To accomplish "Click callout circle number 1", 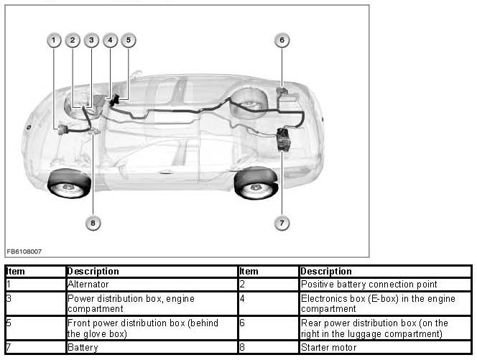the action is [x=54, y=40].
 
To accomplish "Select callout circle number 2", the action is [x=73, y=40].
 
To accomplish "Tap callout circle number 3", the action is [x=91, y=40].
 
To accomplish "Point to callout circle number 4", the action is [x=110, y=40].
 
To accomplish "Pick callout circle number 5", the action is [x=129, y=40].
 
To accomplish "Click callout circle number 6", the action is [x=282, y=40].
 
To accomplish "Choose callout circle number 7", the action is [x=282, y=223].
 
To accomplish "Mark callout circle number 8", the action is [x=93, y=223].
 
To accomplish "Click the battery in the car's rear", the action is [x=284, y=138].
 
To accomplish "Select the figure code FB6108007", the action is [x=24, y=251].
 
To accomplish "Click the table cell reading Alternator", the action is [x=88, y=285].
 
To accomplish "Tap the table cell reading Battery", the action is [x=83, y=347].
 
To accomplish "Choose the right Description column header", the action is [x=326, y=272].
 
